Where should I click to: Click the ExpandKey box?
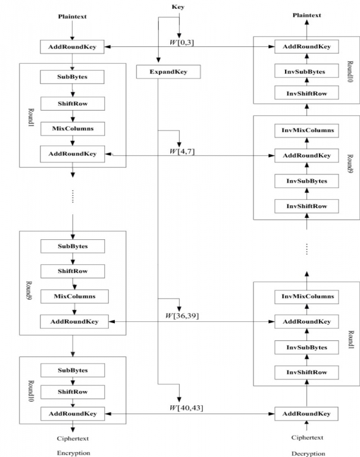168,71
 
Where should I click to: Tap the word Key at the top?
178,7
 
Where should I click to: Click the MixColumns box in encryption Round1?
73,129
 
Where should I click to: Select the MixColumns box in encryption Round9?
74,296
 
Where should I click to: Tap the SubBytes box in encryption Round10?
73,370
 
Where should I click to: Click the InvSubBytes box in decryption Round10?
306,71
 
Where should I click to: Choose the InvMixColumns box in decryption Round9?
306,130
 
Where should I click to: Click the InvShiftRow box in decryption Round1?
306,372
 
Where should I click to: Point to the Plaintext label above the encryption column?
72,17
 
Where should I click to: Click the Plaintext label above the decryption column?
307,15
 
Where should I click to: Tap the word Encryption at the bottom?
73,453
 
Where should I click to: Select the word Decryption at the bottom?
308,453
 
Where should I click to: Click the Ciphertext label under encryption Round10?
73,439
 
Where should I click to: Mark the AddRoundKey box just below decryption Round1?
306,414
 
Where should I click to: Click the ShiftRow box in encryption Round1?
73,104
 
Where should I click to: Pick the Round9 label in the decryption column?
350,164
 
